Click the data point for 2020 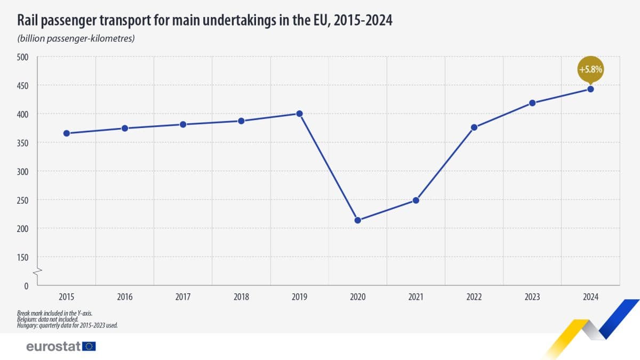click(x=358, y=220)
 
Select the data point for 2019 click(x=299, y=114)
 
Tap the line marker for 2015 click(x=67, y=133)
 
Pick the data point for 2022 click(x=474, y=127)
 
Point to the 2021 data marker click(x=416, y=201)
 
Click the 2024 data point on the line click(x=590, y=89)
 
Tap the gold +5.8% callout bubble click(x=590, y=69)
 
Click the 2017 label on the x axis click(x=183, y=297)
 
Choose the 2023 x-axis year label click(x=532, y=297)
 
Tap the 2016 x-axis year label click(x=125, y=297)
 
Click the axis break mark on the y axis click(x=37, y=273)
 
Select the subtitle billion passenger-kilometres click(x=75, y=39)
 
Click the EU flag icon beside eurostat click(x=89, y=347)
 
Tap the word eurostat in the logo click(x=53, y=347)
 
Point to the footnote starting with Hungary click(x=67, y=325)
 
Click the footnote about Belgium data click(x=47, y=319)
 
